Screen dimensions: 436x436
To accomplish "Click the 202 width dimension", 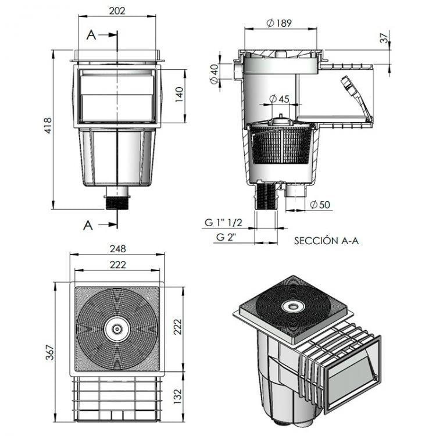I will (x=117, y=12).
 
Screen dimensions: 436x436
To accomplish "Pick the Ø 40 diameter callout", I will (x=215, y=75).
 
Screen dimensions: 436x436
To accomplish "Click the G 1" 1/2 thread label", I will (x=223, y=223).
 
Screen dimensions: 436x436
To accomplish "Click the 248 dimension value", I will (x=117, y=249).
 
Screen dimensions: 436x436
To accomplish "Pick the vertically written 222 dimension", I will (x=179, y=330).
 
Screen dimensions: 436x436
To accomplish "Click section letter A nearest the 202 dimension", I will (x=91, y=35).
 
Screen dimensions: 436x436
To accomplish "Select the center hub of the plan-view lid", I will (x=117, y=329).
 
